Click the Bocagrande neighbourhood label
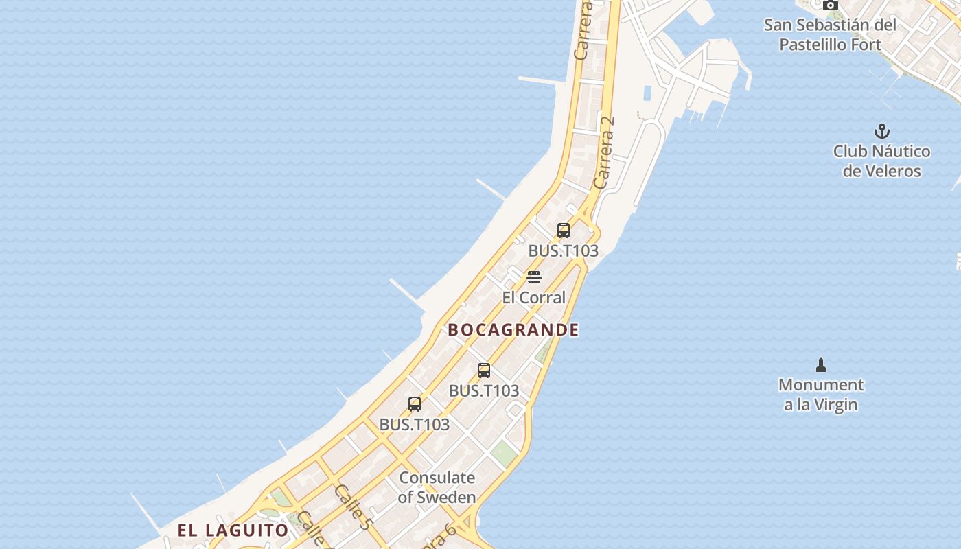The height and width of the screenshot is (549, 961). (513, 330)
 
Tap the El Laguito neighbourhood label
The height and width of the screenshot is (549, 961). (233, 530)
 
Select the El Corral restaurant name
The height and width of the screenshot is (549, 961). (533, 297)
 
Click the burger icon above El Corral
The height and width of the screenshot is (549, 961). (534, 277)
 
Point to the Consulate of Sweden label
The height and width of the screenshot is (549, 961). (437, 487)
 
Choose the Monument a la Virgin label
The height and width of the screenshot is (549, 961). (821, 395)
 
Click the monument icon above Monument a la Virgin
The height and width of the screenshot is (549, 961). (820, 364)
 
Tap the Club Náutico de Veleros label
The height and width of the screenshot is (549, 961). (881, 161)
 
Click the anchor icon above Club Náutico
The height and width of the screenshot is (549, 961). (881, 130)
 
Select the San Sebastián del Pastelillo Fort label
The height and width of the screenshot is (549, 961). (831, 35)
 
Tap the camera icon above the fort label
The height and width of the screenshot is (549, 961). (831, 5)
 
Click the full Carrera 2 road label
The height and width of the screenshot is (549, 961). (604, 152)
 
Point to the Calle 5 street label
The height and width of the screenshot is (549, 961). (353, 507)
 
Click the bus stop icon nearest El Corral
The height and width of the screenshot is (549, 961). (564, 231)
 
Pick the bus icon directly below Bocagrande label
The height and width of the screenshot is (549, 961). (484, 371)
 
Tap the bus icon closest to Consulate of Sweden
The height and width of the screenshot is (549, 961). (415, 404)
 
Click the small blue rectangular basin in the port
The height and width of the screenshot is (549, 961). (647, 93)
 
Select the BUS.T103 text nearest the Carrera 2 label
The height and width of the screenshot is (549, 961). (563, 251)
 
